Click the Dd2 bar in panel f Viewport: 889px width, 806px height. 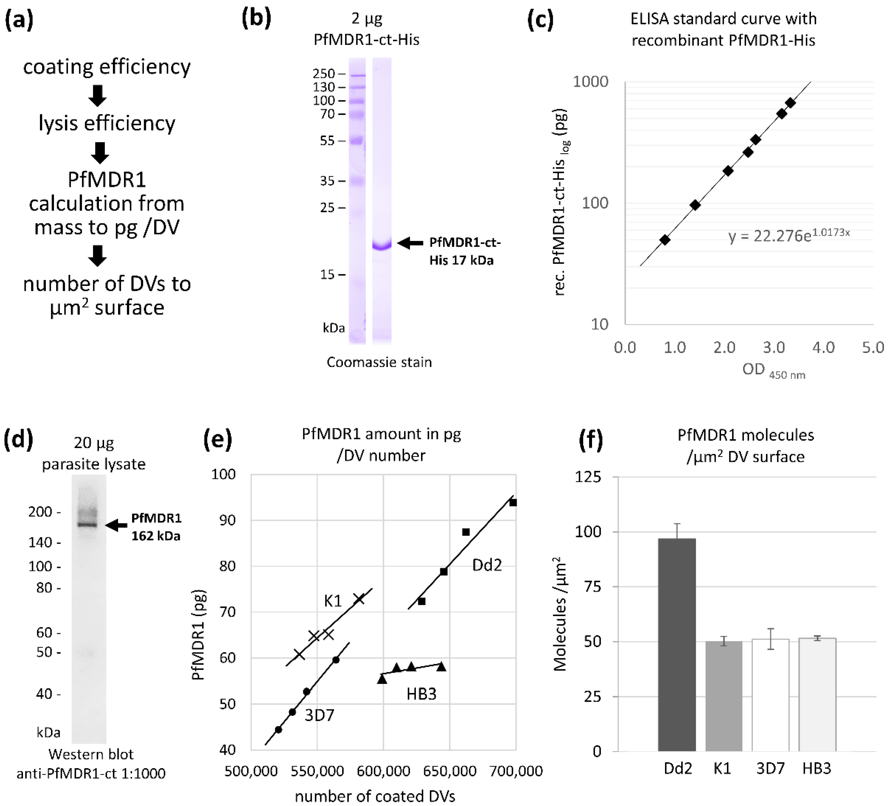coord(677,645)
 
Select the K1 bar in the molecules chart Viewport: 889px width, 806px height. coord(724,696)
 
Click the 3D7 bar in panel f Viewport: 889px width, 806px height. coord(770,695)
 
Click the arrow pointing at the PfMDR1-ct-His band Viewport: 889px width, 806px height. coord(410,243)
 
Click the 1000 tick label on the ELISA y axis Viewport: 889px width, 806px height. coord(590,82)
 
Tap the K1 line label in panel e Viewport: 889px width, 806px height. coord(333,601)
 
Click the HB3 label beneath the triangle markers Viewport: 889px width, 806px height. coord(421,694)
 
